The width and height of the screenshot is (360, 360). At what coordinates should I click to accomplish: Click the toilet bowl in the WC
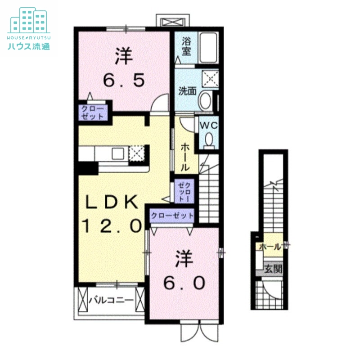[x=208, y=139]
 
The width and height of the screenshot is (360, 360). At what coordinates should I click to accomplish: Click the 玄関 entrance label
[x=272, y=270]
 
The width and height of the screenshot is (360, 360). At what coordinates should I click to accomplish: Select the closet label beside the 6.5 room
[x=92, y=112]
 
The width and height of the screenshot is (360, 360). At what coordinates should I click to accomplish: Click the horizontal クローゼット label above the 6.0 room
[x=172, y=216]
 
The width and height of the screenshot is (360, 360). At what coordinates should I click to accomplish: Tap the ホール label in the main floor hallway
[x=184, y=157]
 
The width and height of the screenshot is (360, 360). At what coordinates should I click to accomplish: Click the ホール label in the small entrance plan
[x=270, y=247]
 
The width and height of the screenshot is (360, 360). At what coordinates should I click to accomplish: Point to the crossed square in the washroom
[x=209, y=79]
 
